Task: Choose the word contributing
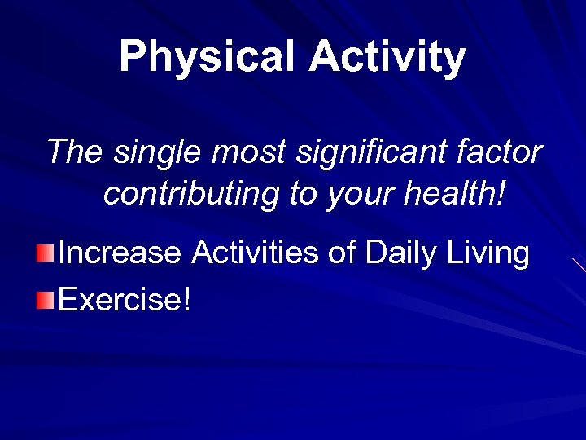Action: click(x=191, y=194)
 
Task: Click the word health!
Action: click(x=456, y=194)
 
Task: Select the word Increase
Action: click(x=120, y=253)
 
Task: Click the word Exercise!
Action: click(x=125, y=299)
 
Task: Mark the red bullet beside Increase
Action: click(x=46, y=253)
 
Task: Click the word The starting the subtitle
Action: click(x=76, y=152)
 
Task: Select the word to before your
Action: click(x=303, y=194)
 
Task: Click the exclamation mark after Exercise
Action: click(x=187, y=299)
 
